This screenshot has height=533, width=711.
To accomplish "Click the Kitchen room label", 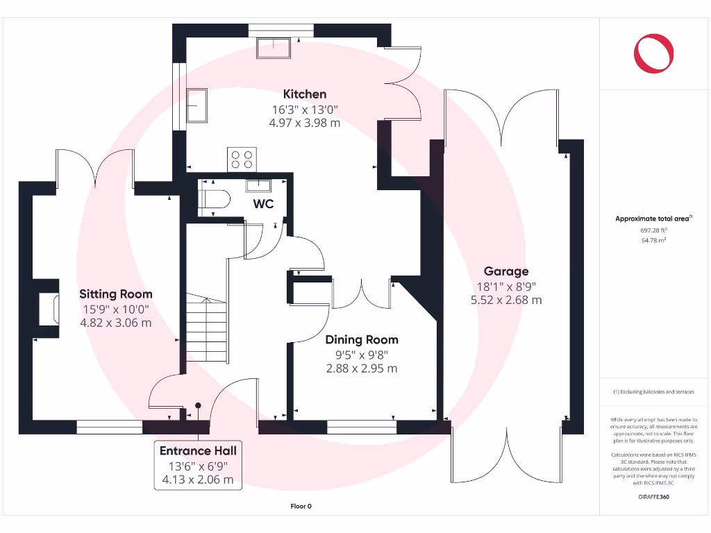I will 304,94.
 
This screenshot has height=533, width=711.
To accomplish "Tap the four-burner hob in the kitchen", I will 242,160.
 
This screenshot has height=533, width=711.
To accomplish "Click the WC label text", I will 263,204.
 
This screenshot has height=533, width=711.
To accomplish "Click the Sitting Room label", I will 115,294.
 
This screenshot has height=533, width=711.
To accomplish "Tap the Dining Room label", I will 362,339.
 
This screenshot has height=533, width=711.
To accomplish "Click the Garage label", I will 506,271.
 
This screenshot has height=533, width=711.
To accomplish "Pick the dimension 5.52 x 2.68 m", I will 506,300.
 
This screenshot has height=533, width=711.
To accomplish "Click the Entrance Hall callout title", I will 199,451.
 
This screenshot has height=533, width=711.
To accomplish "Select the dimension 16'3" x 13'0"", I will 304,110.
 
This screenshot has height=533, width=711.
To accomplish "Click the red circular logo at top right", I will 653,53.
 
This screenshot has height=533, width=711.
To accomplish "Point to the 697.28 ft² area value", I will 653,230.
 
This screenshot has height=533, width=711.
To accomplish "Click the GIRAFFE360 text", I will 653,497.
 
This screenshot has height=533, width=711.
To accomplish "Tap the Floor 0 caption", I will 301,507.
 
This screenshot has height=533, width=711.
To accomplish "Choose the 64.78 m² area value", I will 653,239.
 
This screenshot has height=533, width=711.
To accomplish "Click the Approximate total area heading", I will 653,219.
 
